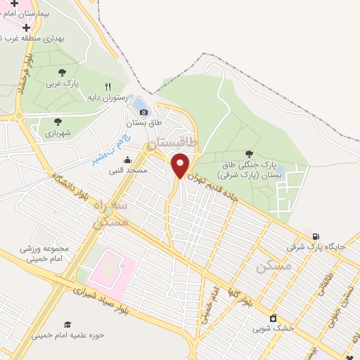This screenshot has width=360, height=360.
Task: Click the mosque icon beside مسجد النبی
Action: (x=127, y=160)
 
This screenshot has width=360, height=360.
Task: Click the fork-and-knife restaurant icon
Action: (x=108, y=86)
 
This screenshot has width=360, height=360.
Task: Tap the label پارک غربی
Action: (x=61, y=83)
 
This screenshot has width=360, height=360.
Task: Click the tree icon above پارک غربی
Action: (x=62, y=72)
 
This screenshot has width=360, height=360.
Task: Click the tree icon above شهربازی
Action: (x=58, y=121)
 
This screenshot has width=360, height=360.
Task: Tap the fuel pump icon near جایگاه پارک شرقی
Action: (x=315, y=236)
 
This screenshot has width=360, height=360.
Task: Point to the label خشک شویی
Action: (x=273, y=328)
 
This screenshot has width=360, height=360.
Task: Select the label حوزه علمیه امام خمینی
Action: (x=67, y=335)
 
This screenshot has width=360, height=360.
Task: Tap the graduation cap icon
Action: (x=67, y=324)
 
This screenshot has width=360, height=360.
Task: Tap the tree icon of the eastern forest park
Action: (x=249, y=153)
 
